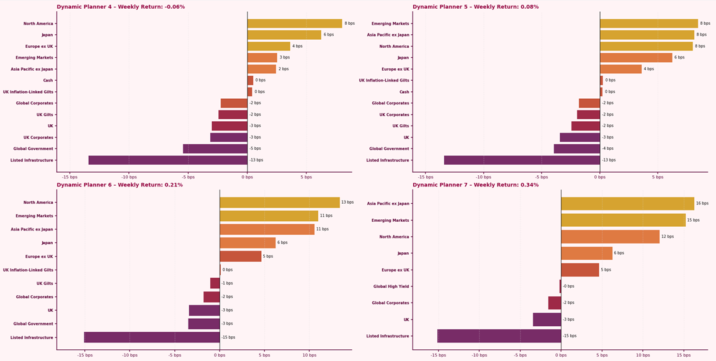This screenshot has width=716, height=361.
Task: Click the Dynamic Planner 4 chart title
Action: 120,7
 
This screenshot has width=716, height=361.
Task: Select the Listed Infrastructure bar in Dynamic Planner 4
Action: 168,160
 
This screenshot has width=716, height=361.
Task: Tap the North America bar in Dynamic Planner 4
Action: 294,24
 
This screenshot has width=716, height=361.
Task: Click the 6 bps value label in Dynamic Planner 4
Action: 328,35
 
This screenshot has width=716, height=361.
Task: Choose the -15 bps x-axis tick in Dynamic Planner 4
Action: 69,177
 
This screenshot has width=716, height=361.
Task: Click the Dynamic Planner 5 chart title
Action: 475,7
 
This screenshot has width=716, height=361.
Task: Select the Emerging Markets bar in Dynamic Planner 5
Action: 648,24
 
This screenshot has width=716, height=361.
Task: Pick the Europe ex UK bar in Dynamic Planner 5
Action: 620,69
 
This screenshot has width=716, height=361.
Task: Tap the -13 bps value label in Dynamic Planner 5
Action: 609,160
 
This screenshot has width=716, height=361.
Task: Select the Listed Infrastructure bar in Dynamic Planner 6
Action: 152,337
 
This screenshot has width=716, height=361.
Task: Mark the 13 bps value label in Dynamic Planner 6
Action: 347,203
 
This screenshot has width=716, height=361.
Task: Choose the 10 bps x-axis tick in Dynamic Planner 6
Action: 309,355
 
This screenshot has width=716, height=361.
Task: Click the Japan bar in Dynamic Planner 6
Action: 247,243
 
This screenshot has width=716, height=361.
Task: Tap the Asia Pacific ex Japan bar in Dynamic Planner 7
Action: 627,204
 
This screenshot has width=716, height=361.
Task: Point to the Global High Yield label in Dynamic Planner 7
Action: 391,286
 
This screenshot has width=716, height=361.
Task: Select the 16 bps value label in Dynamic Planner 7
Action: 702,204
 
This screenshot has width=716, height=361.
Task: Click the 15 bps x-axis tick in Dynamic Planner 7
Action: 684,355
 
